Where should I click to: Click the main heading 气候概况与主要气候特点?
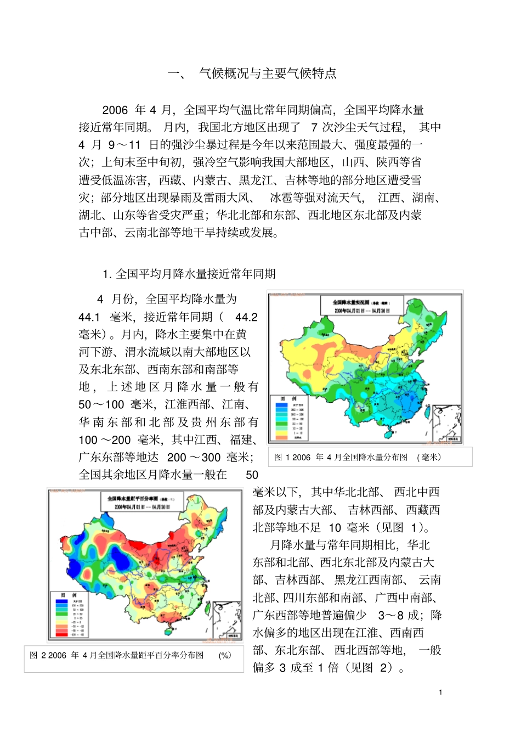(268, 74)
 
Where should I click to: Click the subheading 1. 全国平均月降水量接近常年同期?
(189, 274)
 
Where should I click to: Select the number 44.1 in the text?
(89, 317)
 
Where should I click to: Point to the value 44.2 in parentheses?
(246, 317)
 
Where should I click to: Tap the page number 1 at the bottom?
(440, 692)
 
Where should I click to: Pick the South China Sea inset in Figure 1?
(446, 423)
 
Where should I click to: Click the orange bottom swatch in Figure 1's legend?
(282, 437)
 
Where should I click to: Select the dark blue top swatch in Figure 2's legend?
(61, 601)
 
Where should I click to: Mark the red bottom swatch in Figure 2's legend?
(61, 634)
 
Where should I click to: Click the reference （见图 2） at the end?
(377, 668)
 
